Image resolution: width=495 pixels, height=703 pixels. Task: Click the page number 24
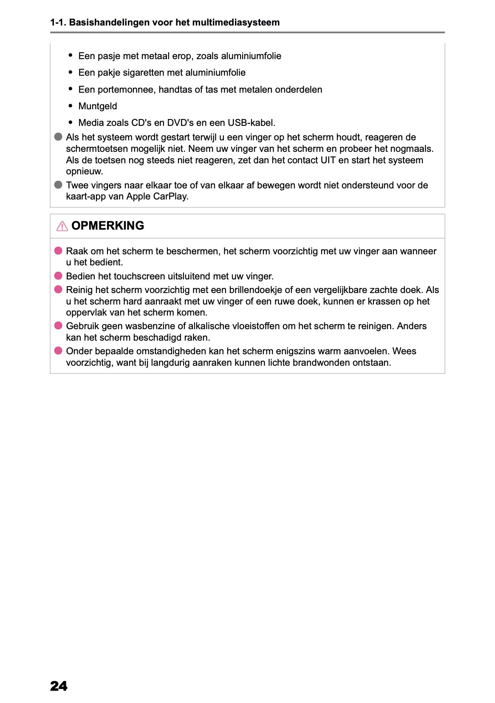click(59, 686)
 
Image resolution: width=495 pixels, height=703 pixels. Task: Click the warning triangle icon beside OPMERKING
click(62, 226)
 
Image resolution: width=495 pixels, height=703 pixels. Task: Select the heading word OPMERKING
click(107, 225)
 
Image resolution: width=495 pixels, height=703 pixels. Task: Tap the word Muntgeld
click(98, 106)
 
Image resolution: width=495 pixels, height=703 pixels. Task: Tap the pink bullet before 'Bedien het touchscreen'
click(58, 276)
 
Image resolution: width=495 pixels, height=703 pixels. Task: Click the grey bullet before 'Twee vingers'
click(58, 185)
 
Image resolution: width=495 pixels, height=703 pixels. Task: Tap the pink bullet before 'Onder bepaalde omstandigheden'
click(58, 351)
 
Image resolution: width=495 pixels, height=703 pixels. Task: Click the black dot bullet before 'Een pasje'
click(71, 56)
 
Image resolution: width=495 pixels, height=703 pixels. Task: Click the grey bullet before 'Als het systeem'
click(58, 137)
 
